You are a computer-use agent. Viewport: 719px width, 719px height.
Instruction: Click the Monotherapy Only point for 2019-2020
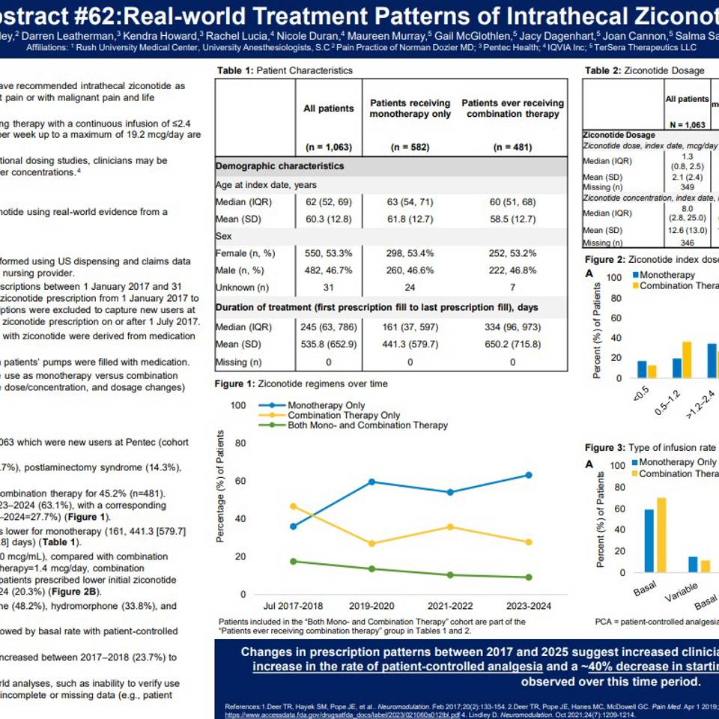point(371,482)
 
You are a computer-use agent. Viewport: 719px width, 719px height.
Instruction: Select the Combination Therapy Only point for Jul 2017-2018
point(293,506)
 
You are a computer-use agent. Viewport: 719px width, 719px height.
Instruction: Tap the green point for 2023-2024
point(529,577)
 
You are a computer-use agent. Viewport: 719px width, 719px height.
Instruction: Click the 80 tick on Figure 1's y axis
point(240,443)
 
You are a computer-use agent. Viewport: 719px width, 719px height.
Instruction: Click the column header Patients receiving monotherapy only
point(410,109)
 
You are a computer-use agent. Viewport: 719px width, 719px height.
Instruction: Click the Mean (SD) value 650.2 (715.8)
point(513,345)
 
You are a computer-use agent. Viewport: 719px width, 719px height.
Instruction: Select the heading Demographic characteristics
point(280,166)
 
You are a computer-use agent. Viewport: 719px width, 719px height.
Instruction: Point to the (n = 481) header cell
point(513,147)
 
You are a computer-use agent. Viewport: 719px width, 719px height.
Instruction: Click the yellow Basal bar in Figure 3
point(661,535)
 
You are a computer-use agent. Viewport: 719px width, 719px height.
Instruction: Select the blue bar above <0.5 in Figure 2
point(642,368)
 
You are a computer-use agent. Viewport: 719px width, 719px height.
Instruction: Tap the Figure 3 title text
point(652,448)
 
